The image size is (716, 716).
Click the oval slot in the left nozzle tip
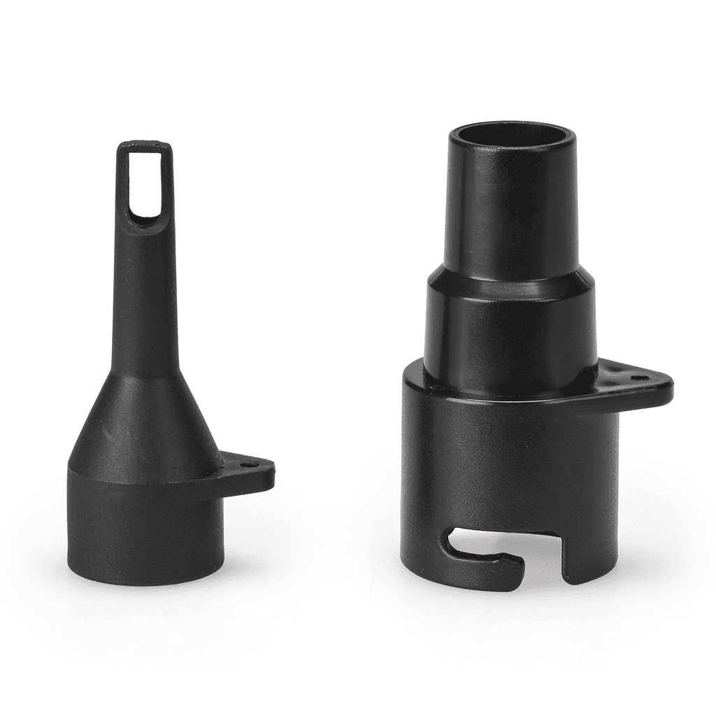pyautogui.click(x=145, y=183)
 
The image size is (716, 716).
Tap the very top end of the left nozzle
pyautogui.click(x=144, y=144)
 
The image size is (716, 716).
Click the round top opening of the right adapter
pyautogui.click(x=510, y=134)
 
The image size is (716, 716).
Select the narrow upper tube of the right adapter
pyautogui.click(x=512, y=210)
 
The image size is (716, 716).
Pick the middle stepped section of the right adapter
pyautogui.click(x=510, y=329)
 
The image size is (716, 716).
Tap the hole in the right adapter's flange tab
pyautogui.click(x=640, y=378)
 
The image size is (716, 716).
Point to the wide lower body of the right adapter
pyautogui.click(x=510, y=461)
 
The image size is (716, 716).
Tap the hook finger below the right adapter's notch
pyautogui.click(x=489, y=569)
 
